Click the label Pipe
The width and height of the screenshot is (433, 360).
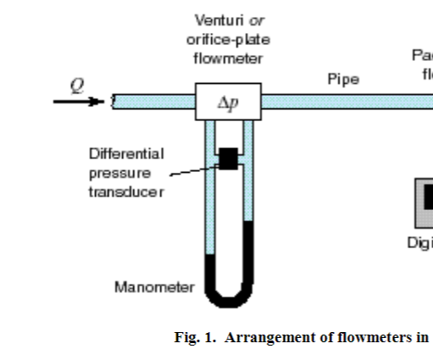pos(343,79)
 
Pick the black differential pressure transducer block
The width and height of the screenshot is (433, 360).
pos(227,158)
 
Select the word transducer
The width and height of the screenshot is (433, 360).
pos(126,191)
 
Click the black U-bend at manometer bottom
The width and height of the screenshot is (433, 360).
pos(228,295)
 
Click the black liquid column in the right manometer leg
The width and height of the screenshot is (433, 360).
pos(247,254)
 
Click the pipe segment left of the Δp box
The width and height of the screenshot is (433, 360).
pos(153,102)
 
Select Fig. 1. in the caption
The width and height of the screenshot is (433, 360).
pos(193,338)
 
